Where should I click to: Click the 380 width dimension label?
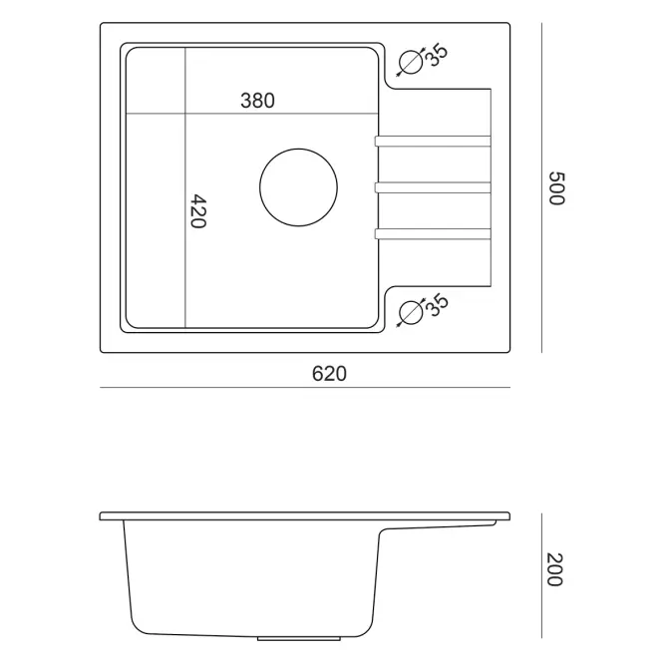[257, 101]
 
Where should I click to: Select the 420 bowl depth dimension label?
[197, 211]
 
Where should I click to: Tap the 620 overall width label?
[329, 374]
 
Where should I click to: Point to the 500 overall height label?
[556, 188]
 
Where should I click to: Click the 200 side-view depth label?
[554, 569]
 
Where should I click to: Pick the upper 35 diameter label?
[436, 55]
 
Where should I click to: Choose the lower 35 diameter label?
[436, 304]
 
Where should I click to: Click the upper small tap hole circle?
[399, 62]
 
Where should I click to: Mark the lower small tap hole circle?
[399, 313]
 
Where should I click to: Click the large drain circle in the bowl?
[259, 187]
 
